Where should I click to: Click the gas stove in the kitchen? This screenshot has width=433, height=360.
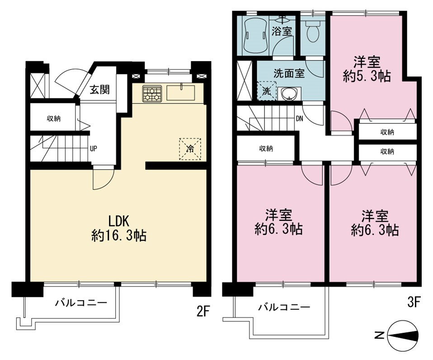(x=151, y=93)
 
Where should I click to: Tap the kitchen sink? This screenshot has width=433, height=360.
(x=181, y=93)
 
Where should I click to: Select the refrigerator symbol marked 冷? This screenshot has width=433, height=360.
(x=190, y=149)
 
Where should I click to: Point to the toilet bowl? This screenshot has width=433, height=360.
(x=313, y=32)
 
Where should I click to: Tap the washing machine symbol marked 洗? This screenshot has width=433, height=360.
(x=267, y=91)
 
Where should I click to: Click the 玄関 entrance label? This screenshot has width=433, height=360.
(x=99, y=90)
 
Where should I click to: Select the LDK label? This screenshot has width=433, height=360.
(x=119, y=221)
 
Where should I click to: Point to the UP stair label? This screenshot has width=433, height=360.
(x=94, y=149)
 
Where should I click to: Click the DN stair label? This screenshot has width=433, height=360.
(x=300, y=119)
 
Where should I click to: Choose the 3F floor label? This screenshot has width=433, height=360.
(x=414, y=303)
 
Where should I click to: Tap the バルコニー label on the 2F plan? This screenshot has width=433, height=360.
(x=81, y=303)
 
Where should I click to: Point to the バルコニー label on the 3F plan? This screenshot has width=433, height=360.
(x=284, y=307)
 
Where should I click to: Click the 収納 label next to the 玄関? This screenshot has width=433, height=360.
(x=54, y=119)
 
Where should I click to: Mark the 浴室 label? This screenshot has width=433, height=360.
(x=282, y=31)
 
